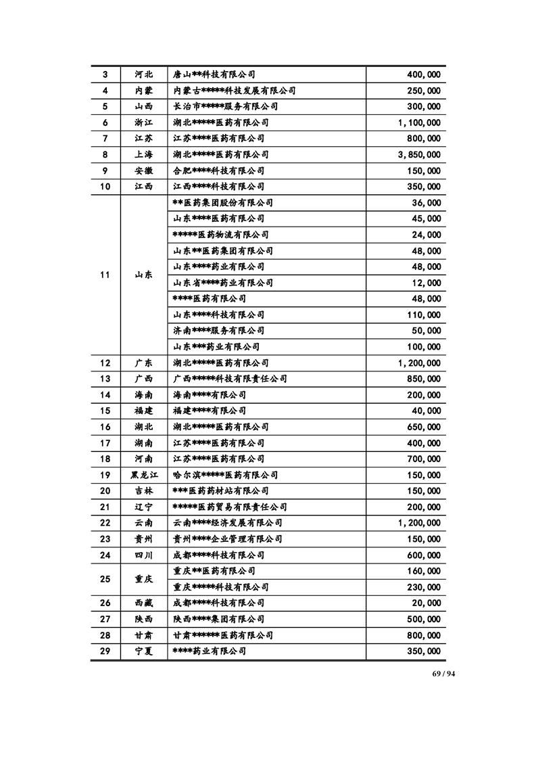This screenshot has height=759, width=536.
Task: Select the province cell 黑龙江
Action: point(143,475)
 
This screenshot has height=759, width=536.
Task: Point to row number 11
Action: point(105,275)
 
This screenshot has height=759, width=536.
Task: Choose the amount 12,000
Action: point(426,283)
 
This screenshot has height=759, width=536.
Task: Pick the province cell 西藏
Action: point(143,603)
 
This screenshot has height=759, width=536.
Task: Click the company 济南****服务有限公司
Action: point(218,331)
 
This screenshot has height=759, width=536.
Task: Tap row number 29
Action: point(105,651)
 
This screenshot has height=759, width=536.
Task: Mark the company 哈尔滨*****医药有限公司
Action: point(225,475)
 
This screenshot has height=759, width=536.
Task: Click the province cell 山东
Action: point(143,275)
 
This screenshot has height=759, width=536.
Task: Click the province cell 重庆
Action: point(143,579)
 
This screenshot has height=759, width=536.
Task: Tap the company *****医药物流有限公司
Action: point(220,235)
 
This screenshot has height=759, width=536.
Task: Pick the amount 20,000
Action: point(426,603)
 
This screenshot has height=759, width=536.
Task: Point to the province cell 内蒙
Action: point(143,91)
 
